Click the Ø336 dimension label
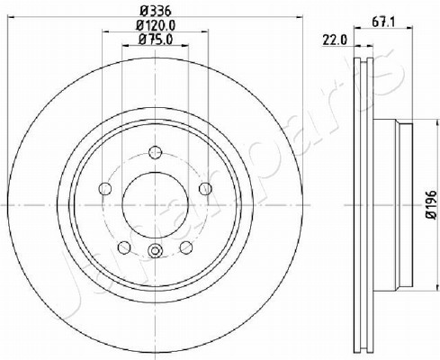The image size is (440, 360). point(156,12)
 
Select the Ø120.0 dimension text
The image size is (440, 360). point(156,25)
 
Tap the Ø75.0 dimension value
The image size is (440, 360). point(156,40)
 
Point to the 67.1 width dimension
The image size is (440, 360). point(383,22)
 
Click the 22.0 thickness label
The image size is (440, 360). point(335,40)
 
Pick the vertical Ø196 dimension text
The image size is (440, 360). point(432,204)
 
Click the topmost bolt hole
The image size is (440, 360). point(155,152)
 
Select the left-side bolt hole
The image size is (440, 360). point(105,189)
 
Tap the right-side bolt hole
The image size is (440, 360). point(205,188)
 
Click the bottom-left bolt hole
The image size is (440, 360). point(124,247)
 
